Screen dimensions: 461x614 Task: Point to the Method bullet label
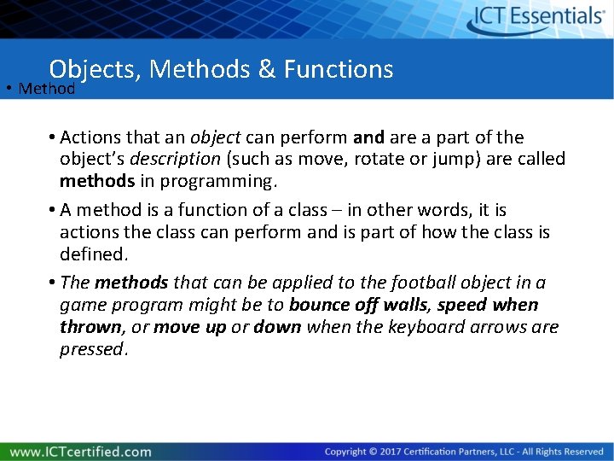tap(47, 88)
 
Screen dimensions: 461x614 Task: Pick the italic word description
tap(170, 159)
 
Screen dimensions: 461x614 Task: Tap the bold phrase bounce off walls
tap(358, 305)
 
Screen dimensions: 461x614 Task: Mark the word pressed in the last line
tap(92, 348)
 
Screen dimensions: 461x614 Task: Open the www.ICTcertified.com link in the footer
tap(81, 451)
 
